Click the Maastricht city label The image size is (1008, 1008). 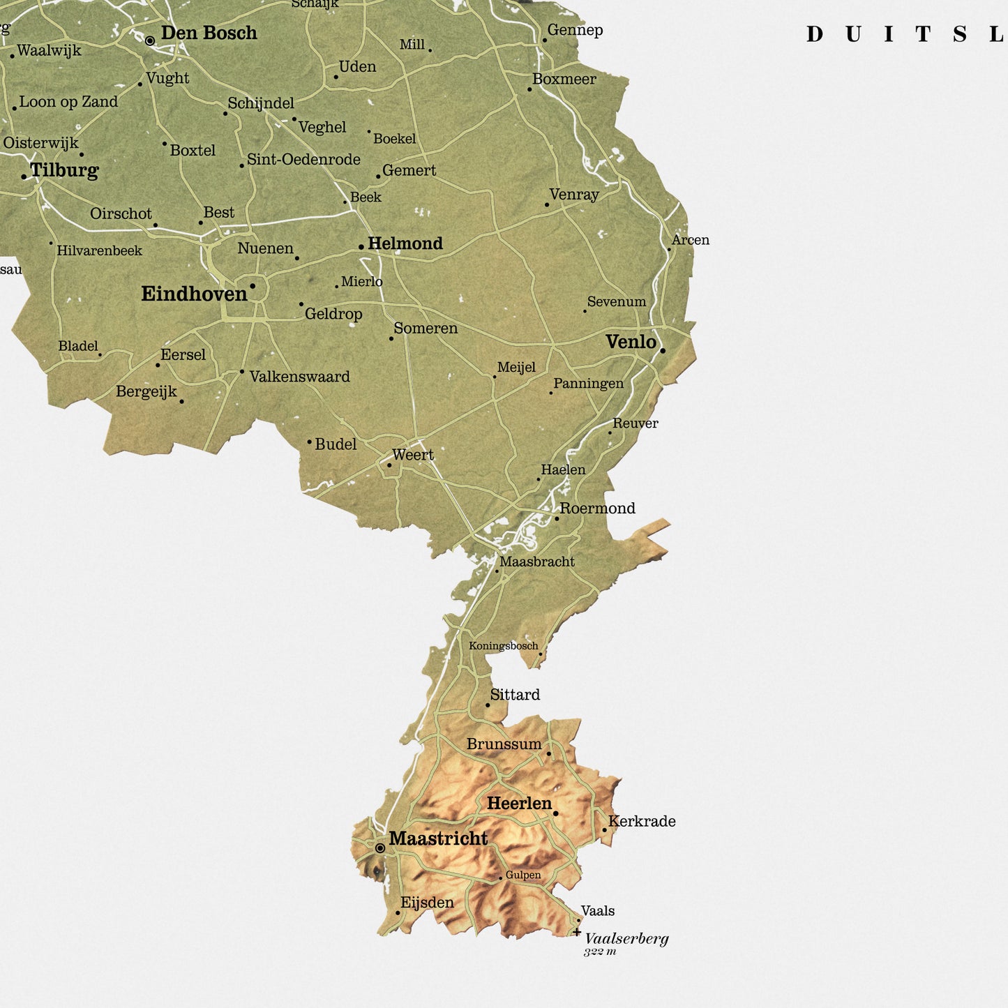(438, 838)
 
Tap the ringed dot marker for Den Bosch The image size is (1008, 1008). (150, 41)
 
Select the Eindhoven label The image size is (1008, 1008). (194, 294)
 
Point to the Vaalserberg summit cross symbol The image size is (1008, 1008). (577, 932)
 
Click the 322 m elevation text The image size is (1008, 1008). (600, 951)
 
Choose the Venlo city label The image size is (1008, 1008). (631, 342)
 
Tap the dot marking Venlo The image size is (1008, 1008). (663, 351)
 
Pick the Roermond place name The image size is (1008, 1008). (597, 509)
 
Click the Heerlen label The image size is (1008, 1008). (519, 804)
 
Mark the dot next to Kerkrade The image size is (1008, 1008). (605, 830)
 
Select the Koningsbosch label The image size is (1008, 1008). (503, 646)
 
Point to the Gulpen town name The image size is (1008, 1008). (523, 875)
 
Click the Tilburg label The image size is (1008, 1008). (64, 170)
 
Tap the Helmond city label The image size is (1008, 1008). (405, 243)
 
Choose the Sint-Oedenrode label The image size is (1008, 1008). (303, 160)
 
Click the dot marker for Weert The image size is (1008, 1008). (389, 465)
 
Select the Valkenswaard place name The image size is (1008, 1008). (299, 377)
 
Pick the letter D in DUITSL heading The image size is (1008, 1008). (815, 35)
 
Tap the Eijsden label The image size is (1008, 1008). (427, 903)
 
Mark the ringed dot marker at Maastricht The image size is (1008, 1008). (380, 848)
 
